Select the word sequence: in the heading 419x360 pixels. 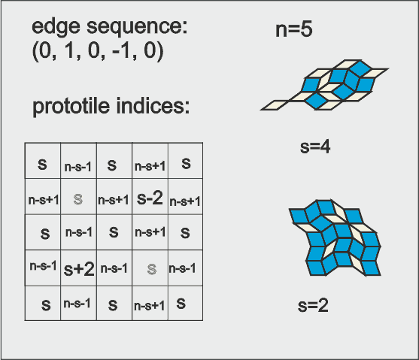pyautogui.click(x=138, y=28)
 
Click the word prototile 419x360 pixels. pyautogui.click(x=71, y=107)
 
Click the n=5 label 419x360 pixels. pyautogui.click(x=294, y=29)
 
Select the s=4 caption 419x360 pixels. pyautogui.click(x=315, y=147)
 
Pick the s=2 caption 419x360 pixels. pyautogui.click(x=313, y=305)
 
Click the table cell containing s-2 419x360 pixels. pyautogui.click(x=150, y=197)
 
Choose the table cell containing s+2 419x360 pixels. pyautogui.click(x=78, y=268)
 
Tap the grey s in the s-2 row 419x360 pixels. pyautogui.click(x=78, y=199)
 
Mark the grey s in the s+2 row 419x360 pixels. pyautogui.click(x=152, y=269)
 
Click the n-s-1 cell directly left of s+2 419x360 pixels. pyautogui.click(x=43, y=268)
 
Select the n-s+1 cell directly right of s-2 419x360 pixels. pyautogui.click(x=185, y=197)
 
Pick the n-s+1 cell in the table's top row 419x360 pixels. pyautogui.click(x=150, y=161)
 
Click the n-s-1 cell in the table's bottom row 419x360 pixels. pyautogui.click(x=78, y=303)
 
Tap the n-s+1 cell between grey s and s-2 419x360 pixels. pyautogui.click(x=114, y=197)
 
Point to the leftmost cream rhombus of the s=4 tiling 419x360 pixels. pyautogui.click(x=275, y=105)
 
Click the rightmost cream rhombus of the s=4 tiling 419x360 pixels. pyautogui.click(x=374, y=74)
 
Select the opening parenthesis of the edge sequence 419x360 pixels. pyautogui.click(x=35, y=51)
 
